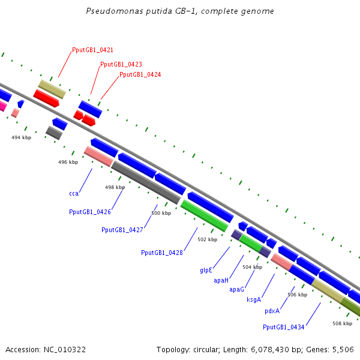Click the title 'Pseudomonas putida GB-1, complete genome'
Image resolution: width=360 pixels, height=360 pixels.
coord(180,11)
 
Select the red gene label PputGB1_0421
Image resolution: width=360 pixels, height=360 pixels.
coord(92,50)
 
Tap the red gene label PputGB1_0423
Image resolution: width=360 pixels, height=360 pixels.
coord(121,64)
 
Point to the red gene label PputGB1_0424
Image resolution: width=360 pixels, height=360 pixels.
coord(140,74)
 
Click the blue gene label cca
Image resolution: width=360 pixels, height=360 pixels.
coord(74,193)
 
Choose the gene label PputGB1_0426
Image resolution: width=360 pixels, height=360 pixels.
coord(89,212)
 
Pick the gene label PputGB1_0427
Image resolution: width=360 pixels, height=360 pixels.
coord(122,230)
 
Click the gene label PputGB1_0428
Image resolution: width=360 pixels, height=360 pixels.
coord(161,253)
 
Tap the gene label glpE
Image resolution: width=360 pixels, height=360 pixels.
coord(206,270)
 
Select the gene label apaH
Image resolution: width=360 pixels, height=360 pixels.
coord(221,280)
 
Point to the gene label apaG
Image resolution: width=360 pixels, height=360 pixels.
coord(236,289)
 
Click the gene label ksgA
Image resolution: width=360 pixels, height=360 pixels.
coord(253,299)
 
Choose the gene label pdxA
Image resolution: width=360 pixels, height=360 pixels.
coord(272,311)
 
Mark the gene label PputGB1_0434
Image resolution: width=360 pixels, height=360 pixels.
coord(283,327)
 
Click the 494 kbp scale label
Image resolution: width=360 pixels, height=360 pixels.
coord(21,137)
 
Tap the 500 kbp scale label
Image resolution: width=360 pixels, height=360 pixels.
coord(161,213)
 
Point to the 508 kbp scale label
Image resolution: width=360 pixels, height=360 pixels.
coord(342,323)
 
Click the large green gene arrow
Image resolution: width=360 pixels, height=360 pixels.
coord(204,215)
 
